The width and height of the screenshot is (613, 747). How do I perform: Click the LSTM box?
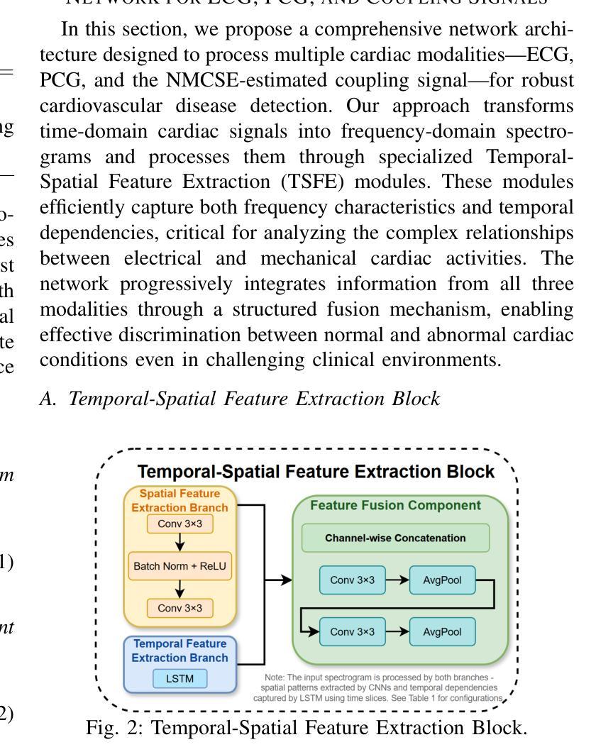[180, 679]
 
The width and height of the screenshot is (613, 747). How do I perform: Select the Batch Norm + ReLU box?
[180, 566]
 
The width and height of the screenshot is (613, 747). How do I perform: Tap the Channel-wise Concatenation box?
[395, 538]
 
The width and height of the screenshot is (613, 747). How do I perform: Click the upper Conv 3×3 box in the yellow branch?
[180, 524]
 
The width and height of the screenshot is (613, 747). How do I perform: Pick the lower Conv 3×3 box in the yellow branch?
[180, 608]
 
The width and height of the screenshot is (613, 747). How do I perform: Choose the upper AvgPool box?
[442, 580]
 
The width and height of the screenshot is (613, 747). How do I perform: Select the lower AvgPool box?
[442, 631]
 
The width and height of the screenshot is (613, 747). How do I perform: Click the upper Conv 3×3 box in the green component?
[353, 580]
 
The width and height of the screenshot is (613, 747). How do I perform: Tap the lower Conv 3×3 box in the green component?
[353, 631]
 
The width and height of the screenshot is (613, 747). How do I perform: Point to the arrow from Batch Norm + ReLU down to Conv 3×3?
[180, 589]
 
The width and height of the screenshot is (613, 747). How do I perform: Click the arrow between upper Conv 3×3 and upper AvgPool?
[397, 580]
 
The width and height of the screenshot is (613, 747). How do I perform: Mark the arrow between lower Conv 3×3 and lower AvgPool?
[397, 631]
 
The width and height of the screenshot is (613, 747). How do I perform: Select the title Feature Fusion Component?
[395, 505]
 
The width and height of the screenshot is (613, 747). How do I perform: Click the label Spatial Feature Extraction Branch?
[180, 500]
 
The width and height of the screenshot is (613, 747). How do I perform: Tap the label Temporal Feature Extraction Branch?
[180, 651]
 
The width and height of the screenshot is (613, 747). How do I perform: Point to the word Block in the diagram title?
[470, 472]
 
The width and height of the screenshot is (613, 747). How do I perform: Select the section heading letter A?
[47, 399]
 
